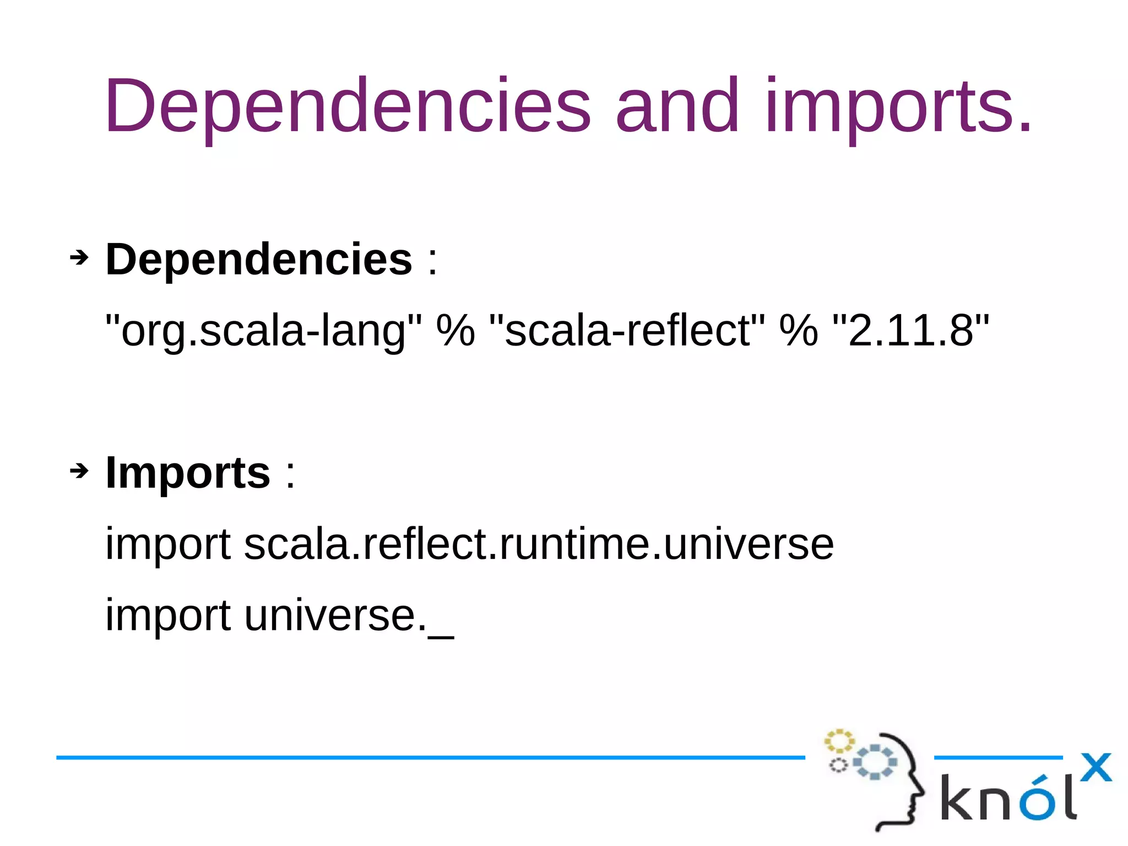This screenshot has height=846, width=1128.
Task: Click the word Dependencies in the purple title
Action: point(347,106)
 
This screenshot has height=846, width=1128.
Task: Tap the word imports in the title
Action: point(898,106)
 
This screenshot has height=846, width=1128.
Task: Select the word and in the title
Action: point(677,106)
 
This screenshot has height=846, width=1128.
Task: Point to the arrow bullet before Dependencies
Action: point(79,257)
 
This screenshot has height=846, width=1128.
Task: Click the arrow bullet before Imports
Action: point(79,471)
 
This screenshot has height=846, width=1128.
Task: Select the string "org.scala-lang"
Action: point(263,330)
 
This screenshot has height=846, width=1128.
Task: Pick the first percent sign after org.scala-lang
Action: point(455,330)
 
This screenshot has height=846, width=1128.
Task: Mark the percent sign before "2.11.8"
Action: point(799,330)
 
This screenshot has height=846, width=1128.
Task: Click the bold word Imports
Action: point(188,472)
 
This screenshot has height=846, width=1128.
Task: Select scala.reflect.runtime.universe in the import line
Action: point(539,544)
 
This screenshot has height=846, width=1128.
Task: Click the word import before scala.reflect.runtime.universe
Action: point(168,544)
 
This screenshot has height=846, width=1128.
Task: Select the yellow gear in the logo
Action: point(839,741)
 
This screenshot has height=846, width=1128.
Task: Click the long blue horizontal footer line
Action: point(430,758)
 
